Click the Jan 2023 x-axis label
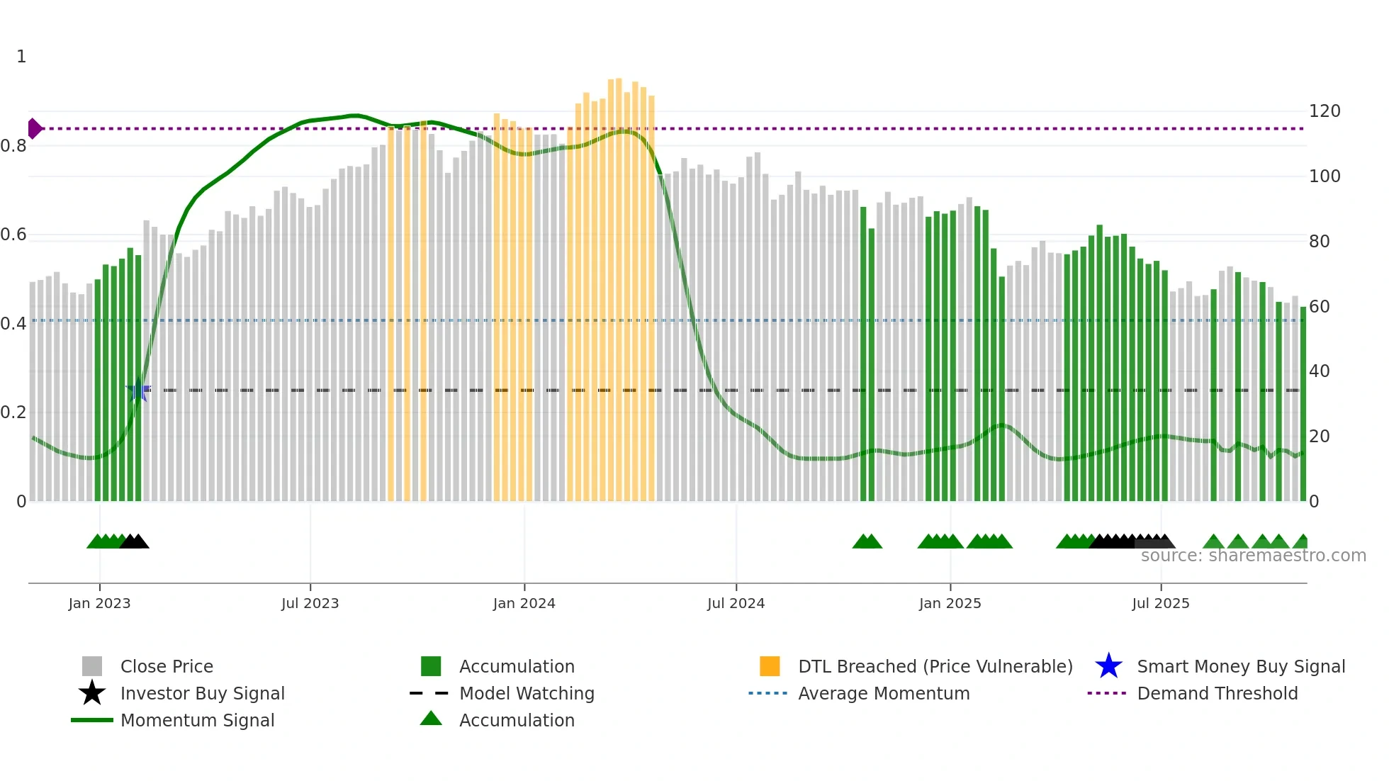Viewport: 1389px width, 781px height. click(99, 603)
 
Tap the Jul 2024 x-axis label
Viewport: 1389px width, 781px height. click(736, 603)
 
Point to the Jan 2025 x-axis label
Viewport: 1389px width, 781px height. click(950, 603)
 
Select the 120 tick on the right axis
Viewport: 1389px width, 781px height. click(1324, 111)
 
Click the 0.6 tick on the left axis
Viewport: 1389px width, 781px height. click(13, 235)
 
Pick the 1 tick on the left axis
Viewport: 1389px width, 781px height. click(21, 57)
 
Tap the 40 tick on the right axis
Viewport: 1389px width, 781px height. click(1319, 371)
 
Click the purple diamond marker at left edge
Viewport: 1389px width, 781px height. click(34, 128)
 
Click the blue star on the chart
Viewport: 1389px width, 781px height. click(138, 390)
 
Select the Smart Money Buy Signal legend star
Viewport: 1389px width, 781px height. click(1108, 666)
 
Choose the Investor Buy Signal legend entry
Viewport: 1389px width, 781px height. click(202, 693)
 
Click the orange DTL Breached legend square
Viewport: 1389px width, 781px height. click(770, 666)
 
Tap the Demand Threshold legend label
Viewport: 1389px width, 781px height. click(1217, 693)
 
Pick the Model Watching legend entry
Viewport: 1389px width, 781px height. click(526, 693)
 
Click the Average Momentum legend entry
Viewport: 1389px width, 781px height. click(883, 693)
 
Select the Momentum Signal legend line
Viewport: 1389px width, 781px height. click(92, 720)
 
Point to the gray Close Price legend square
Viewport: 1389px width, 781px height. click(92, 666)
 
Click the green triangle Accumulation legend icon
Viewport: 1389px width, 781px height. click(431, 719)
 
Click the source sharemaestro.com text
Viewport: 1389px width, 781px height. click(1253, 556)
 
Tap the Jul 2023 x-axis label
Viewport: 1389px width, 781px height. click(310, 603)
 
